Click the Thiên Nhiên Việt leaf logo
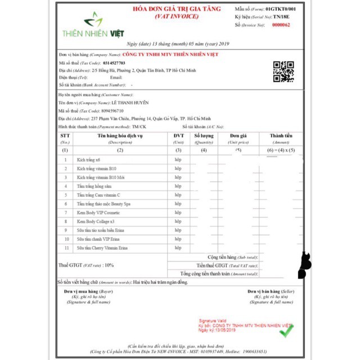93,21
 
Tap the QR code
283,72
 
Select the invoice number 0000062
281,25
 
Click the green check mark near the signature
287,331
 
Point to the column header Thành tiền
281,136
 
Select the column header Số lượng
204,136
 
